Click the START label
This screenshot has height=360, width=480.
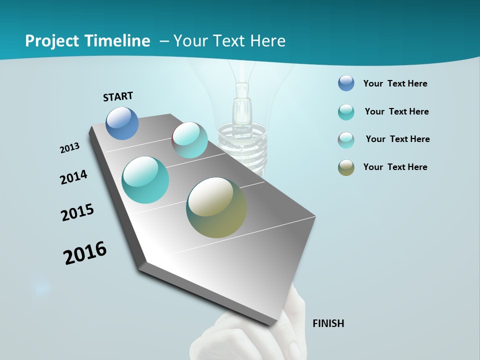[118, 96]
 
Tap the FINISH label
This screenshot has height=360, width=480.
[328, 323]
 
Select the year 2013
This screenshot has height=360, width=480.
[70, 148]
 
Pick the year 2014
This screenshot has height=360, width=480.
[74, 177]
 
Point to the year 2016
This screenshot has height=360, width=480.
[85, 253]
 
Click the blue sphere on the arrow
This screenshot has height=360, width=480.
[122, 123]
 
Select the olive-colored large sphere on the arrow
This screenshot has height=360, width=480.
[216, 207]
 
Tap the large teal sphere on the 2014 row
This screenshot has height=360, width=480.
[145, 180]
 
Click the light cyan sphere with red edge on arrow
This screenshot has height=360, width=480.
[190, 140]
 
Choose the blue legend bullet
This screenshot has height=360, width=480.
[346, 83]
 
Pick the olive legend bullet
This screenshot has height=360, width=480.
[346, 167]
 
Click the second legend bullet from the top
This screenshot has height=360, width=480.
[346, 112]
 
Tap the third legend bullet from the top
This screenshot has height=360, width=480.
[346, 140]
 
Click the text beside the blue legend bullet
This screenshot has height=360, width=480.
[395, 83]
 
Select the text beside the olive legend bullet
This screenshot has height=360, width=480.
[395, 167]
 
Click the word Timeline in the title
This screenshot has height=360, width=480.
[118, 41]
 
